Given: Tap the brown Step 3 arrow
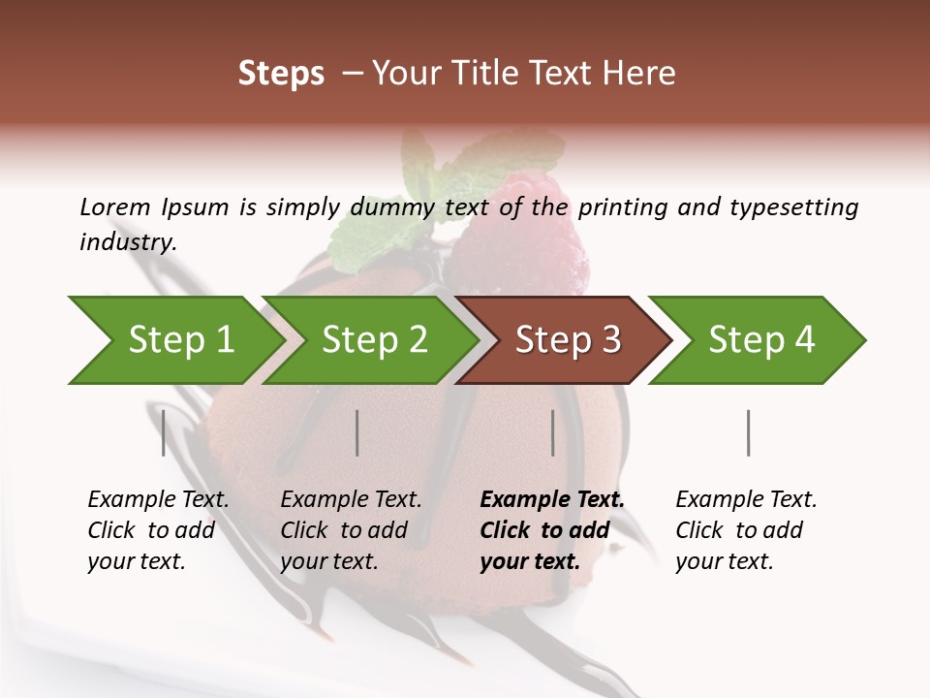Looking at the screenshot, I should tap(568, 340).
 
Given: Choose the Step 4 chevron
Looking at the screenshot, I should tap(761, 340).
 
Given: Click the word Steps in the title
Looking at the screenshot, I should tap(281, 73).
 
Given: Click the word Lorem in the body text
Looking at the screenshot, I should tap(115, 206).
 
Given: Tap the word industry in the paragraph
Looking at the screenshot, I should tap(128, 242).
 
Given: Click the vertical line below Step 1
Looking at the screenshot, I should tap(164, 432).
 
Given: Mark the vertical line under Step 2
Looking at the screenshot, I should tap(357, 432).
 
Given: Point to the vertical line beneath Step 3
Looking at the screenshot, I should tap(553, 432).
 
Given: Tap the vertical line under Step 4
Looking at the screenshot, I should tap(749, 432).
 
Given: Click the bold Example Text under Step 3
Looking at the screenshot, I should tap(552, 500).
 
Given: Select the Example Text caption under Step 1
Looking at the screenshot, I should tap(158, 500).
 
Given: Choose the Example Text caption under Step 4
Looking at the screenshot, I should tap(746, 500).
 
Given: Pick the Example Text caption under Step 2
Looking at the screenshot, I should tap(351, 500).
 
